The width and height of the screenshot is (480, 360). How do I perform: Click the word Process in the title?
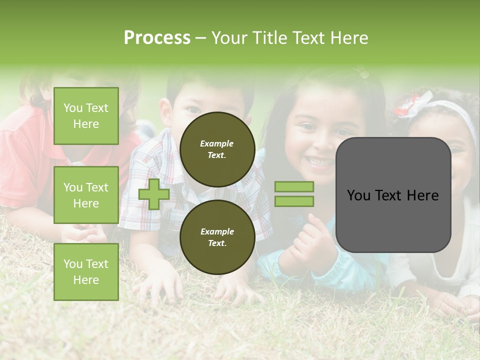[157, 37]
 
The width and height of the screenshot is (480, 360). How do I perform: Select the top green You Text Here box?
[86, 116]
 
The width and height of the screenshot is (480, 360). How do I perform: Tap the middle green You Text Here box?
[86, 195]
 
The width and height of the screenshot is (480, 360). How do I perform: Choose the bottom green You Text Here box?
[86, 272]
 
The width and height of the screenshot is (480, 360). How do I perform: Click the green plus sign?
[154, 194]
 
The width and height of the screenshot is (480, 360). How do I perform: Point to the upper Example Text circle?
[217, 149]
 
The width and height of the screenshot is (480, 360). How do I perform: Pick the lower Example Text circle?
[217, 237]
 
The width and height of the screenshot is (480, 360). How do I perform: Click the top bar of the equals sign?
[294, 187]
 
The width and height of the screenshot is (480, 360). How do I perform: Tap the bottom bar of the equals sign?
[294, 201]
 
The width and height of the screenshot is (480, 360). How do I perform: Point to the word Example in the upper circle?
[216, 143]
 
